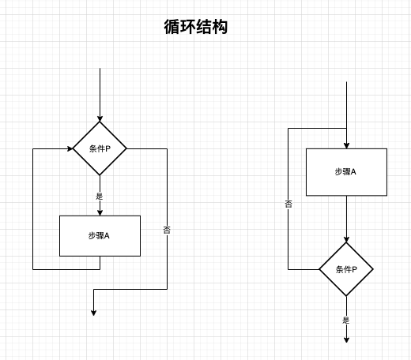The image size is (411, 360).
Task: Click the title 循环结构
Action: [196, 27]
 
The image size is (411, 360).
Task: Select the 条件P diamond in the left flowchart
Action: [100, 148]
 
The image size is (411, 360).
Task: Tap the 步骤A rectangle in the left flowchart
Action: [100, 236]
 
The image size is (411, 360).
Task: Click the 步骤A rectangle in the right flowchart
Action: [346, 172]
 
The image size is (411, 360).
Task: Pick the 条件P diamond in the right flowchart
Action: [346, 269]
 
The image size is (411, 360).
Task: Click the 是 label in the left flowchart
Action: [100, 196]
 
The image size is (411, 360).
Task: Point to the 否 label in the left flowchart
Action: [167, 230]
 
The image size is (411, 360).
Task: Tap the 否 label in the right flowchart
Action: [288, 204]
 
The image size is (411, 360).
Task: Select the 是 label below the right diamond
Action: [346, 320]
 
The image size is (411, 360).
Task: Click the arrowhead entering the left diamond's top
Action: [100, 118]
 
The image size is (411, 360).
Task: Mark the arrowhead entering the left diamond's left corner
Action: [70, 148]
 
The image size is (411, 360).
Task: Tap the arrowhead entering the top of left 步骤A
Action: [100, 212]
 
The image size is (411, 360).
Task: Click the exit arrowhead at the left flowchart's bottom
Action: [93, 313]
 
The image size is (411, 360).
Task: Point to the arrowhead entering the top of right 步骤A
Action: [346, 145]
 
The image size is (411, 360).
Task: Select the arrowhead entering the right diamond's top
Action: [346, 239]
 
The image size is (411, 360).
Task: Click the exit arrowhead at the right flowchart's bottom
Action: [346, 339]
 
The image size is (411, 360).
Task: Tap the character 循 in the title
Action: [172, 27]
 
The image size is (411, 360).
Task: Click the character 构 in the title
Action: [220, 27]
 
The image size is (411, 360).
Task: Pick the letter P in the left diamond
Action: [107, 149]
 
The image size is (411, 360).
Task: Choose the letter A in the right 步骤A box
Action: [353, 172]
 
